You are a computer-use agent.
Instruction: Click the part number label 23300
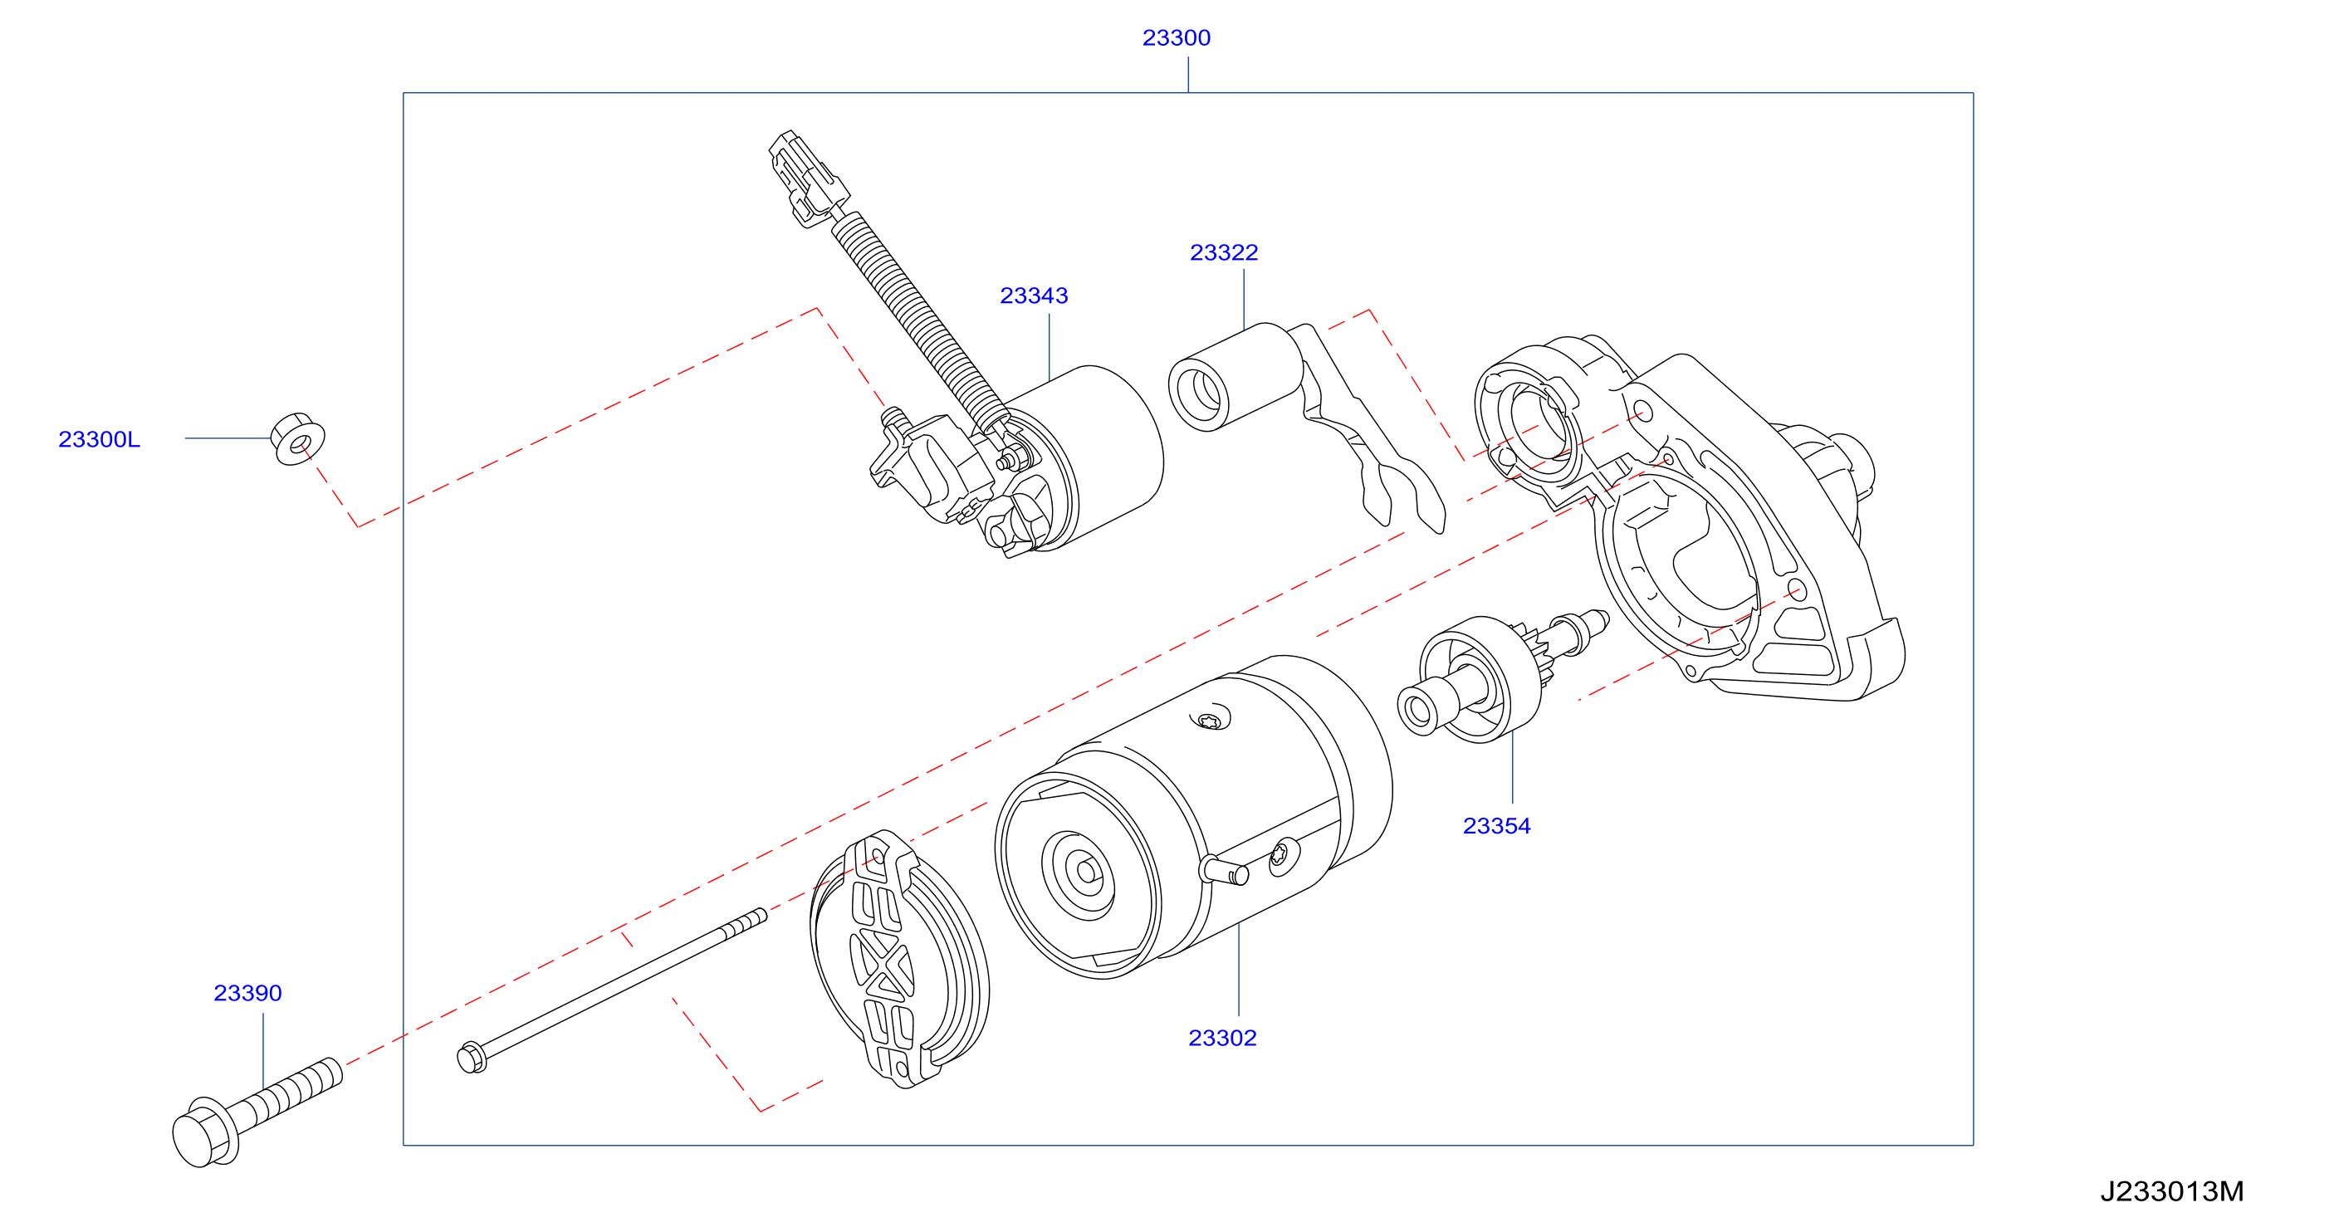(x=1176, y=38)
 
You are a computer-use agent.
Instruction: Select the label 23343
(x=1034, y=296)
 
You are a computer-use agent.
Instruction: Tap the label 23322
(x=1224, y=252)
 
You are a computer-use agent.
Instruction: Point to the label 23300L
(x=100, y=439)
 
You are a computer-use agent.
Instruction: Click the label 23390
(x=247, y=993)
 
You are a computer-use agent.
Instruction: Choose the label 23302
(x=1222, y=1038)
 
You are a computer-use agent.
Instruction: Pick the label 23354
(x=1497, y=826)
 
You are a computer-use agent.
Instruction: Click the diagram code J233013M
(x=2172, y=1191)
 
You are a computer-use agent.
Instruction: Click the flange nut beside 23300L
(x=297, y=439)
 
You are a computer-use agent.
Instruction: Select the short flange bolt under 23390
(x=257, y=1112)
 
